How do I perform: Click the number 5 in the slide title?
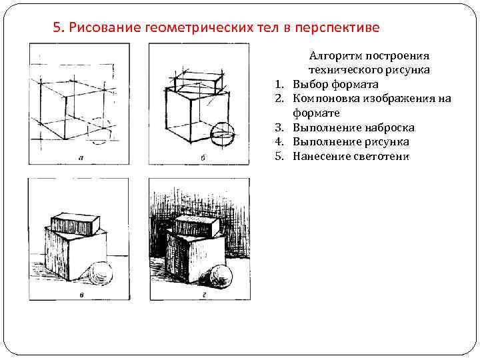56,28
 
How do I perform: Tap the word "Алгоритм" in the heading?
336,56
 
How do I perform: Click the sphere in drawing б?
221,135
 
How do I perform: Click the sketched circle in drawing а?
99,131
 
